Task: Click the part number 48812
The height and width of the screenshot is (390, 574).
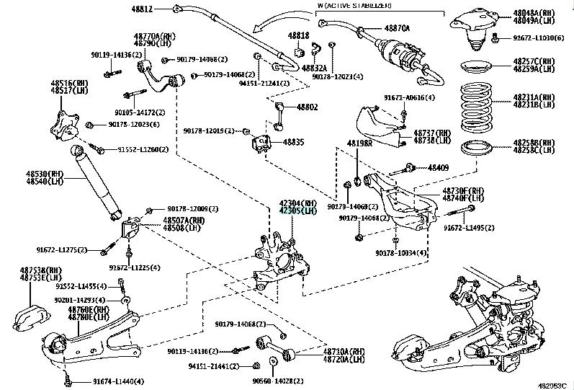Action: coord(143,9)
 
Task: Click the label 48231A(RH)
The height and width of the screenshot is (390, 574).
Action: coord(534,97)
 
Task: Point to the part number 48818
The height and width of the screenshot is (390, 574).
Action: coord(298,35)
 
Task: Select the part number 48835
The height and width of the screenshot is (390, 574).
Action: coord(293,143)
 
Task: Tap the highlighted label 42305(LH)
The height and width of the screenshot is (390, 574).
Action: coord(298,212)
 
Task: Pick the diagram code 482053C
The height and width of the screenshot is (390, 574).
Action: coord(552,384)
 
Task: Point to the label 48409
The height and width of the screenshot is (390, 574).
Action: coord(438,167)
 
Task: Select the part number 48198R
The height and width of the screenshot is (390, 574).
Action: coord(358,143)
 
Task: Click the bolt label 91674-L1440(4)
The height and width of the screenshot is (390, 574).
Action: coord(117,381)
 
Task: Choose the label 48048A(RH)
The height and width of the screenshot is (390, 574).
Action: coord(534,14)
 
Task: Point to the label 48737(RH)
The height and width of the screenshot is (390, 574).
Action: coord(433,134)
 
